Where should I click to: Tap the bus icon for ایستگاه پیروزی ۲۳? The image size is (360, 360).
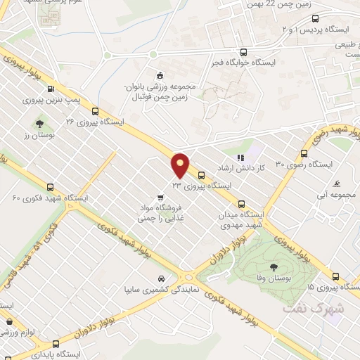click(x=202, y=176)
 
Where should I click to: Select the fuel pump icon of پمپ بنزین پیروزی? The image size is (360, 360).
click(x=51, y=89)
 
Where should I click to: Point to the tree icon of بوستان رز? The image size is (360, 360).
click(x=39, y=124)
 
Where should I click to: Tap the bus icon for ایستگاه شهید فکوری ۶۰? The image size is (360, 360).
click(x=50, y=187)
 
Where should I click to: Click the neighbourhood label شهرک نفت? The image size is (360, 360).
click(x=312, y=308)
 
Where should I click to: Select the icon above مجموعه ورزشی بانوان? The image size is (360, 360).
click(x=160, y=76)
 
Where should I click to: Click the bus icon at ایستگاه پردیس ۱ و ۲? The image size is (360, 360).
click(x=314, y=19)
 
